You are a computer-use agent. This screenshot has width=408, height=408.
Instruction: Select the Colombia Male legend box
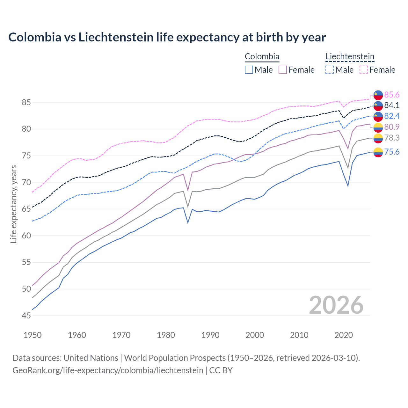click(249, 70)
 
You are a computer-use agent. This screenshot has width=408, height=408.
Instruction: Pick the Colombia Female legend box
click(283, 70)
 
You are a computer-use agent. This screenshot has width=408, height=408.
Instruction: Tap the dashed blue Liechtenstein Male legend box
click(330, 70)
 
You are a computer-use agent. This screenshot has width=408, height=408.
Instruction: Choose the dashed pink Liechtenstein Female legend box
click(363, 70)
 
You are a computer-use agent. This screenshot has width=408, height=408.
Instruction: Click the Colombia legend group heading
click(262, 56)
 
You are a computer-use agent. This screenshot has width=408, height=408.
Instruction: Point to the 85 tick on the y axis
click(26, 103)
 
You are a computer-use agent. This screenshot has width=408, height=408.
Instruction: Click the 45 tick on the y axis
click(26, 316)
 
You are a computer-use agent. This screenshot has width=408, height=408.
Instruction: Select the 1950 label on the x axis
click(33, 335)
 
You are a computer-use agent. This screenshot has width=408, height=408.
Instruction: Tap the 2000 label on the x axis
click(255, 335)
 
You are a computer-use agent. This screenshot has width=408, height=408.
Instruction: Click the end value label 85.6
click(392, 95)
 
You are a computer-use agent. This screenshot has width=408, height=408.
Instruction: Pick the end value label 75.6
click(392, 152)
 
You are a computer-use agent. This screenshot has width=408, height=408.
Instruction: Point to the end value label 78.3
click(392, 138)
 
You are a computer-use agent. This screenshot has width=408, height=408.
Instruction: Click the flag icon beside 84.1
click(378, 106)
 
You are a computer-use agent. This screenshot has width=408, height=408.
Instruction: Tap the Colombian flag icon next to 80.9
click(378, 127)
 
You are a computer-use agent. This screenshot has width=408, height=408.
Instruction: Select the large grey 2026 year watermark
click(336, 305)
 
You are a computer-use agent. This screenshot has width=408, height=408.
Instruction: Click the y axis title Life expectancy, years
click(13, 204)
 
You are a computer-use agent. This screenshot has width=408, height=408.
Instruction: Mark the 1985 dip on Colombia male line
click(188, 222)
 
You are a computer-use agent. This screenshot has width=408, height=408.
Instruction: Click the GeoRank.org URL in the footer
click(108, 370)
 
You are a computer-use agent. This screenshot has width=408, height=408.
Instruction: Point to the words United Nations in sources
click(91, 358)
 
